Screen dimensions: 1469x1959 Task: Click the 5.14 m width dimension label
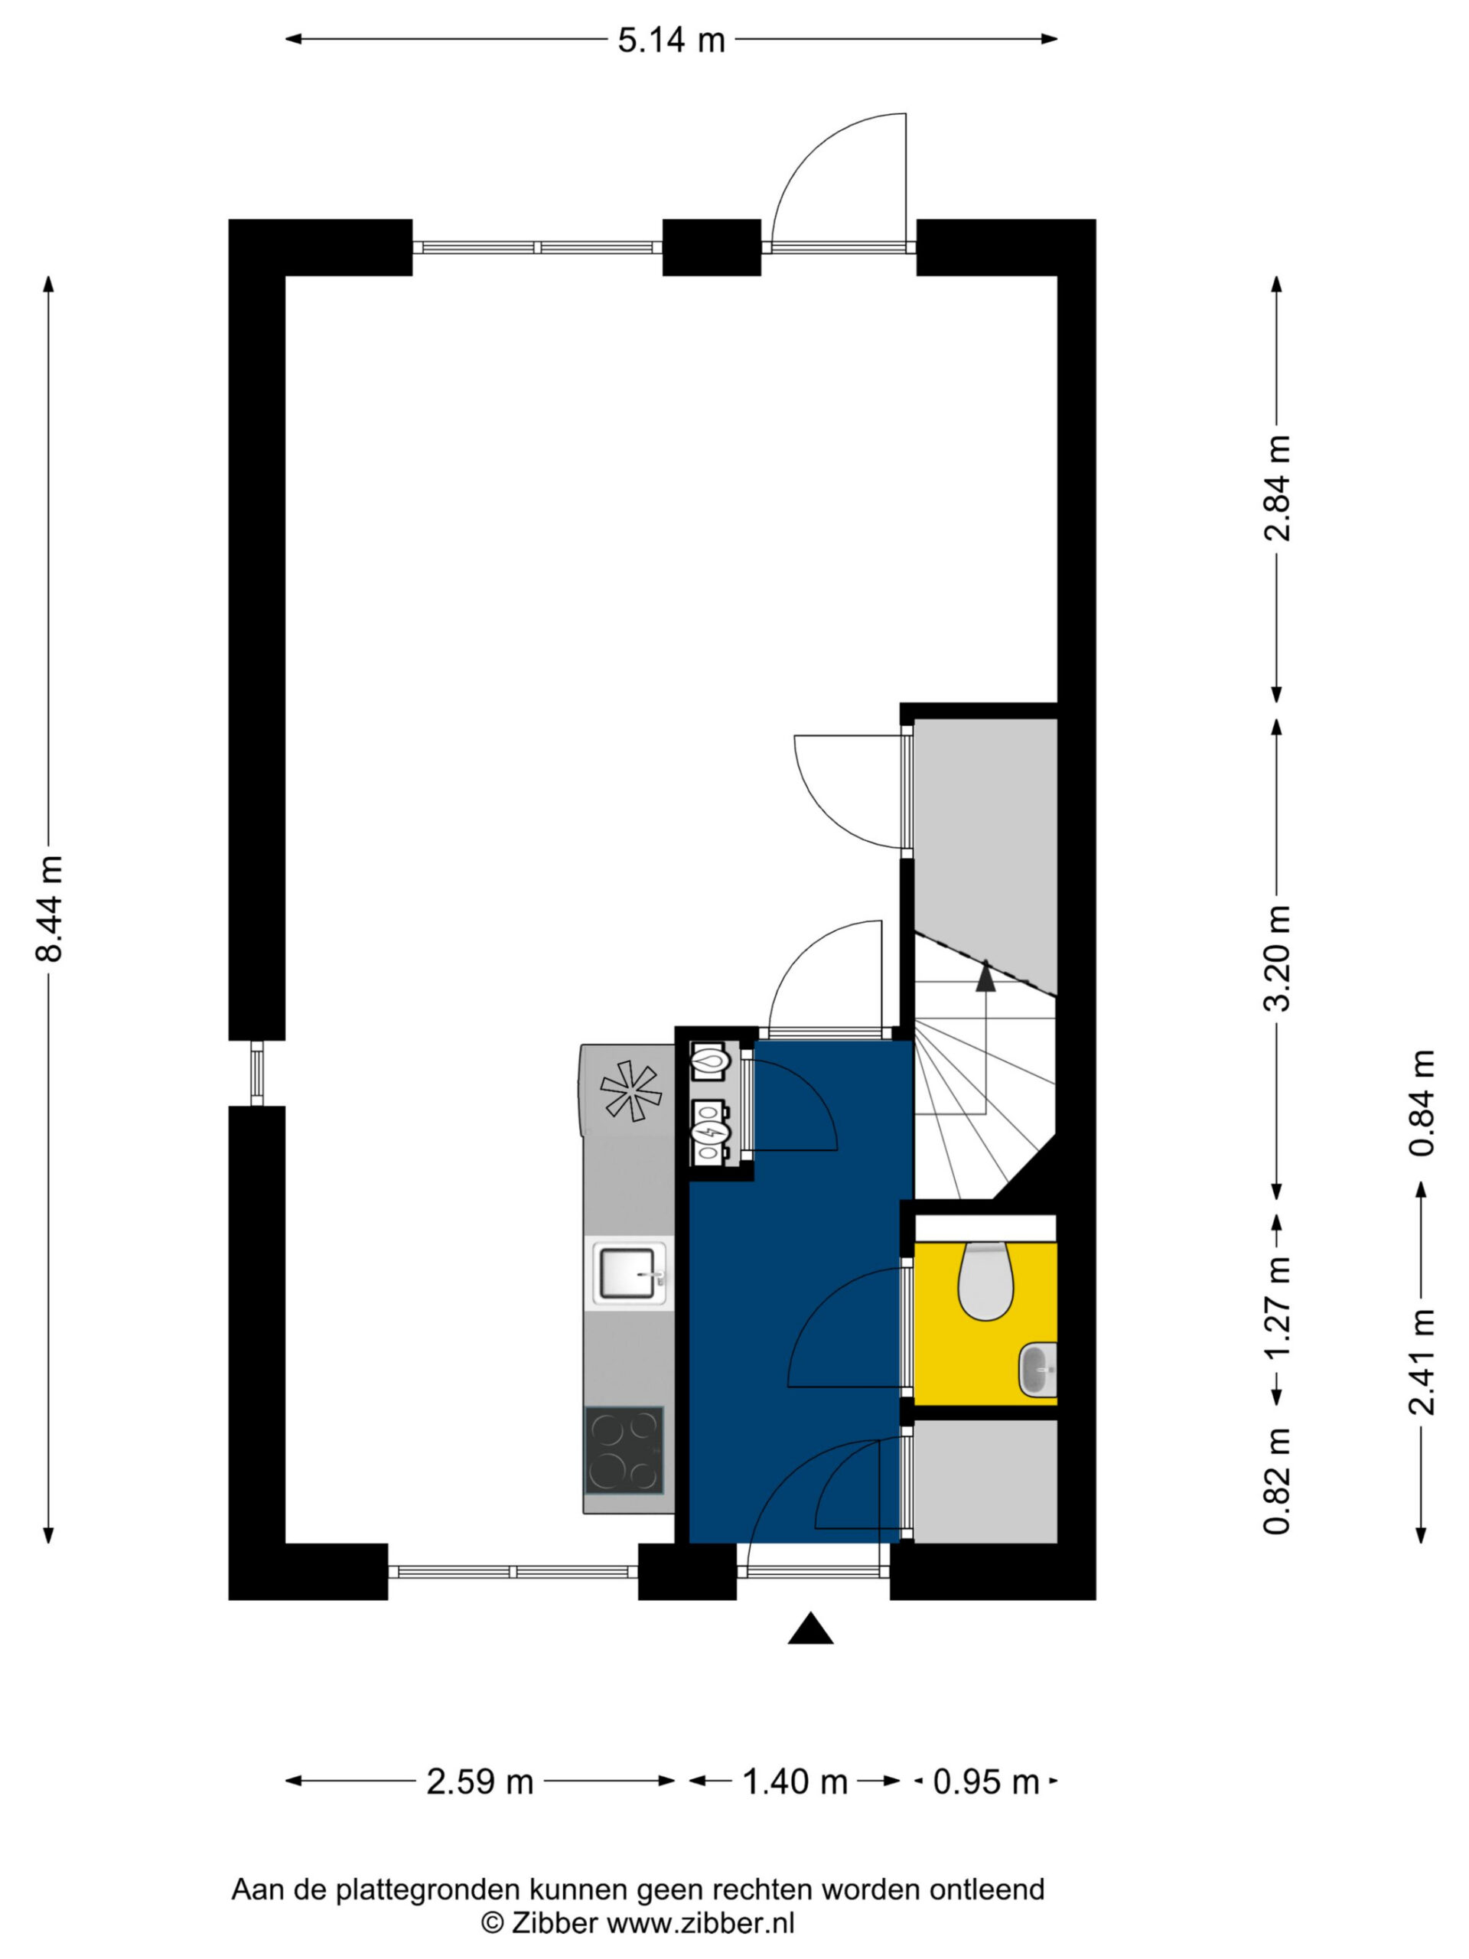[x=670, y=40]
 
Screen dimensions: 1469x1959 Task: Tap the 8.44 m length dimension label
[x=49, y=908]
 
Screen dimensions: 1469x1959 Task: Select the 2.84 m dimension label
[x=1277, y=488]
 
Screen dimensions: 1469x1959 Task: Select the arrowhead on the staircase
[x=985, y=973]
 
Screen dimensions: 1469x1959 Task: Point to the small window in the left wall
[x=257, y=1073]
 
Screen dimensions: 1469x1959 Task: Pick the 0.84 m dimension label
[x=1422, y=1103]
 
